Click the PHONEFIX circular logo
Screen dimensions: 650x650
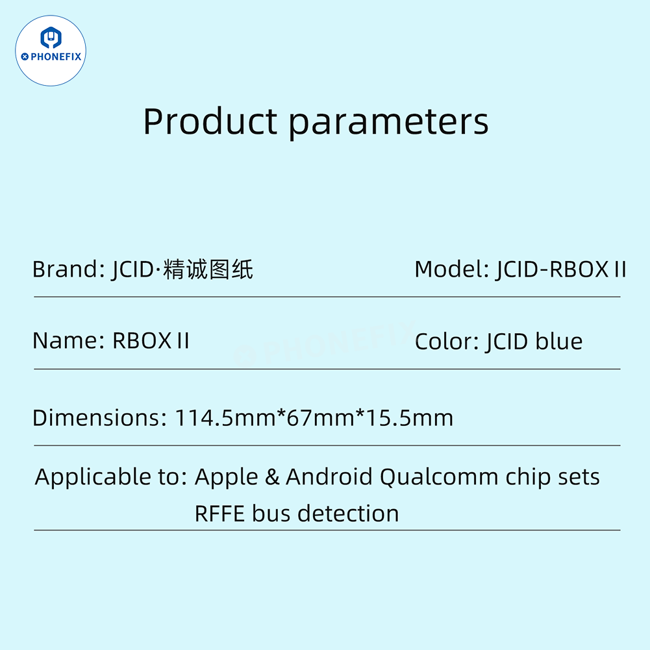[51, 51]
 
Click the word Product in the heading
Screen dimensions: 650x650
[210, 121]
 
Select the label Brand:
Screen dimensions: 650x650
[65, 269]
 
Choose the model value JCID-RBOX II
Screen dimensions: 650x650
[561, 269]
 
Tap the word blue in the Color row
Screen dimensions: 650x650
[559, 342]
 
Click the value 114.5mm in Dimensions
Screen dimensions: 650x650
[226, 418]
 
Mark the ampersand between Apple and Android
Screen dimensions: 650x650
[272, 477]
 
